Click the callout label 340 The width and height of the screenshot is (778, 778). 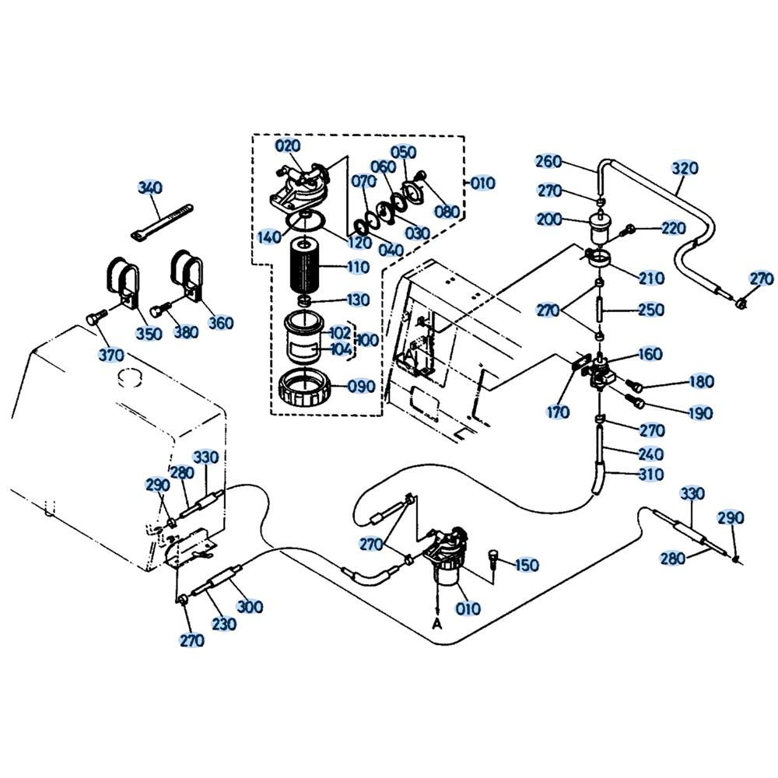coord(150,187)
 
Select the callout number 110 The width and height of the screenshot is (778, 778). coord(358,267)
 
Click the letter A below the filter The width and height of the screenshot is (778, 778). coord(438,622)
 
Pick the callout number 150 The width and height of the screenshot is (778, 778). coord(527,565)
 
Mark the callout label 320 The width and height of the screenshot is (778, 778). coord(685,168)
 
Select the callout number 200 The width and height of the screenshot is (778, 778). coord(548,220)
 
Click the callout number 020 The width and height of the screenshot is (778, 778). coord(287,146)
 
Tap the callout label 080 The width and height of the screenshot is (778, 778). coord(447,212)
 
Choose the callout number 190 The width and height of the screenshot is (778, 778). coord(699,412)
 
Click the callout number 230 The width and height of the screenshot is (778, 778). coord(223,623)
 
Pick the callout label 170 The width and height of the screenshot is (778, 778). coord(558,412)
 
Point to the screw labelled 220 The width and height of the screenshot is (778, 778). coord(630,229)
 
